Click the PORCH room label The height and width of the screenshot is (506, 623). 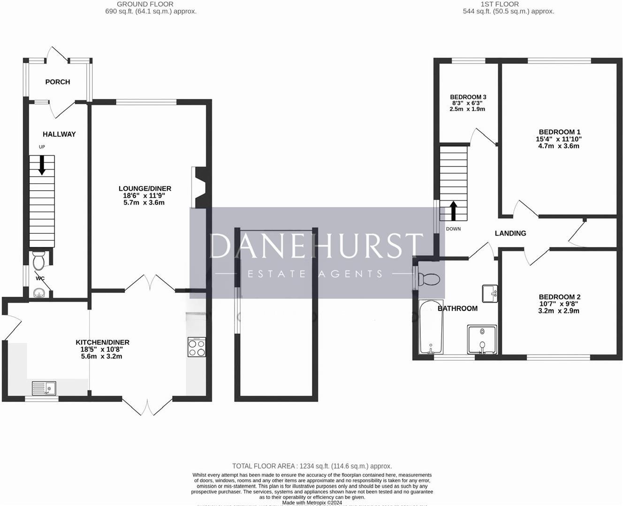pos(58,82)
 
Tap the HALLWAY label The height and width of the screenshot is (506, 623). pos(59,134)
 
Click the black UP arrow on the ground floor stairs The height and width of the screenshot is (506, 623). pos(42,165)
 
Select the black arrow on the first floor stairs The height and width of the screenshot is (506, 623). pos(453,210)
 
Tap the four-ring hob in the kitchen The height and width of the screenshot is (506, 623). pos(197,347)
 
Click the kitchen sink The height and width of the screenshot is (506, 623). pos(44,388)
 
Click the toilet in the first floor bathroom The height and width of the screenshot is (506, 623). pos(428,279)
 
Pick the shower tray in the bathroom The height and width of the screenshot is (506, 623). pos(482,339)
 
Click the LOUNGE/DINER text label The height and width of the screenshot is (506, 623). pos(145,189)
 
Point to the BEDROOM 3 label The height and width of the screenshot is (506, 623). pos(468,97)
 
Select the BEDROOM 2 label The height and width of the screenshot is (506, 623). pos(560,297)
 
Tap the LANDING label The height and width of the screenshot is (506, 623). pos(510,233)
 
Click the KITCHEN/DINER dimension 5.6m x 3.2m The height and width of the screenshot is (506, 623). pos(101,357)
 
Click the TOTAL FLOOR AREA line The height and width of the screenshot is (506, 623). pos(312,466)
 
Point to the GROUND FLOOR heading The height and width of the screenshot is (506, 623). pos(145,4)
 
